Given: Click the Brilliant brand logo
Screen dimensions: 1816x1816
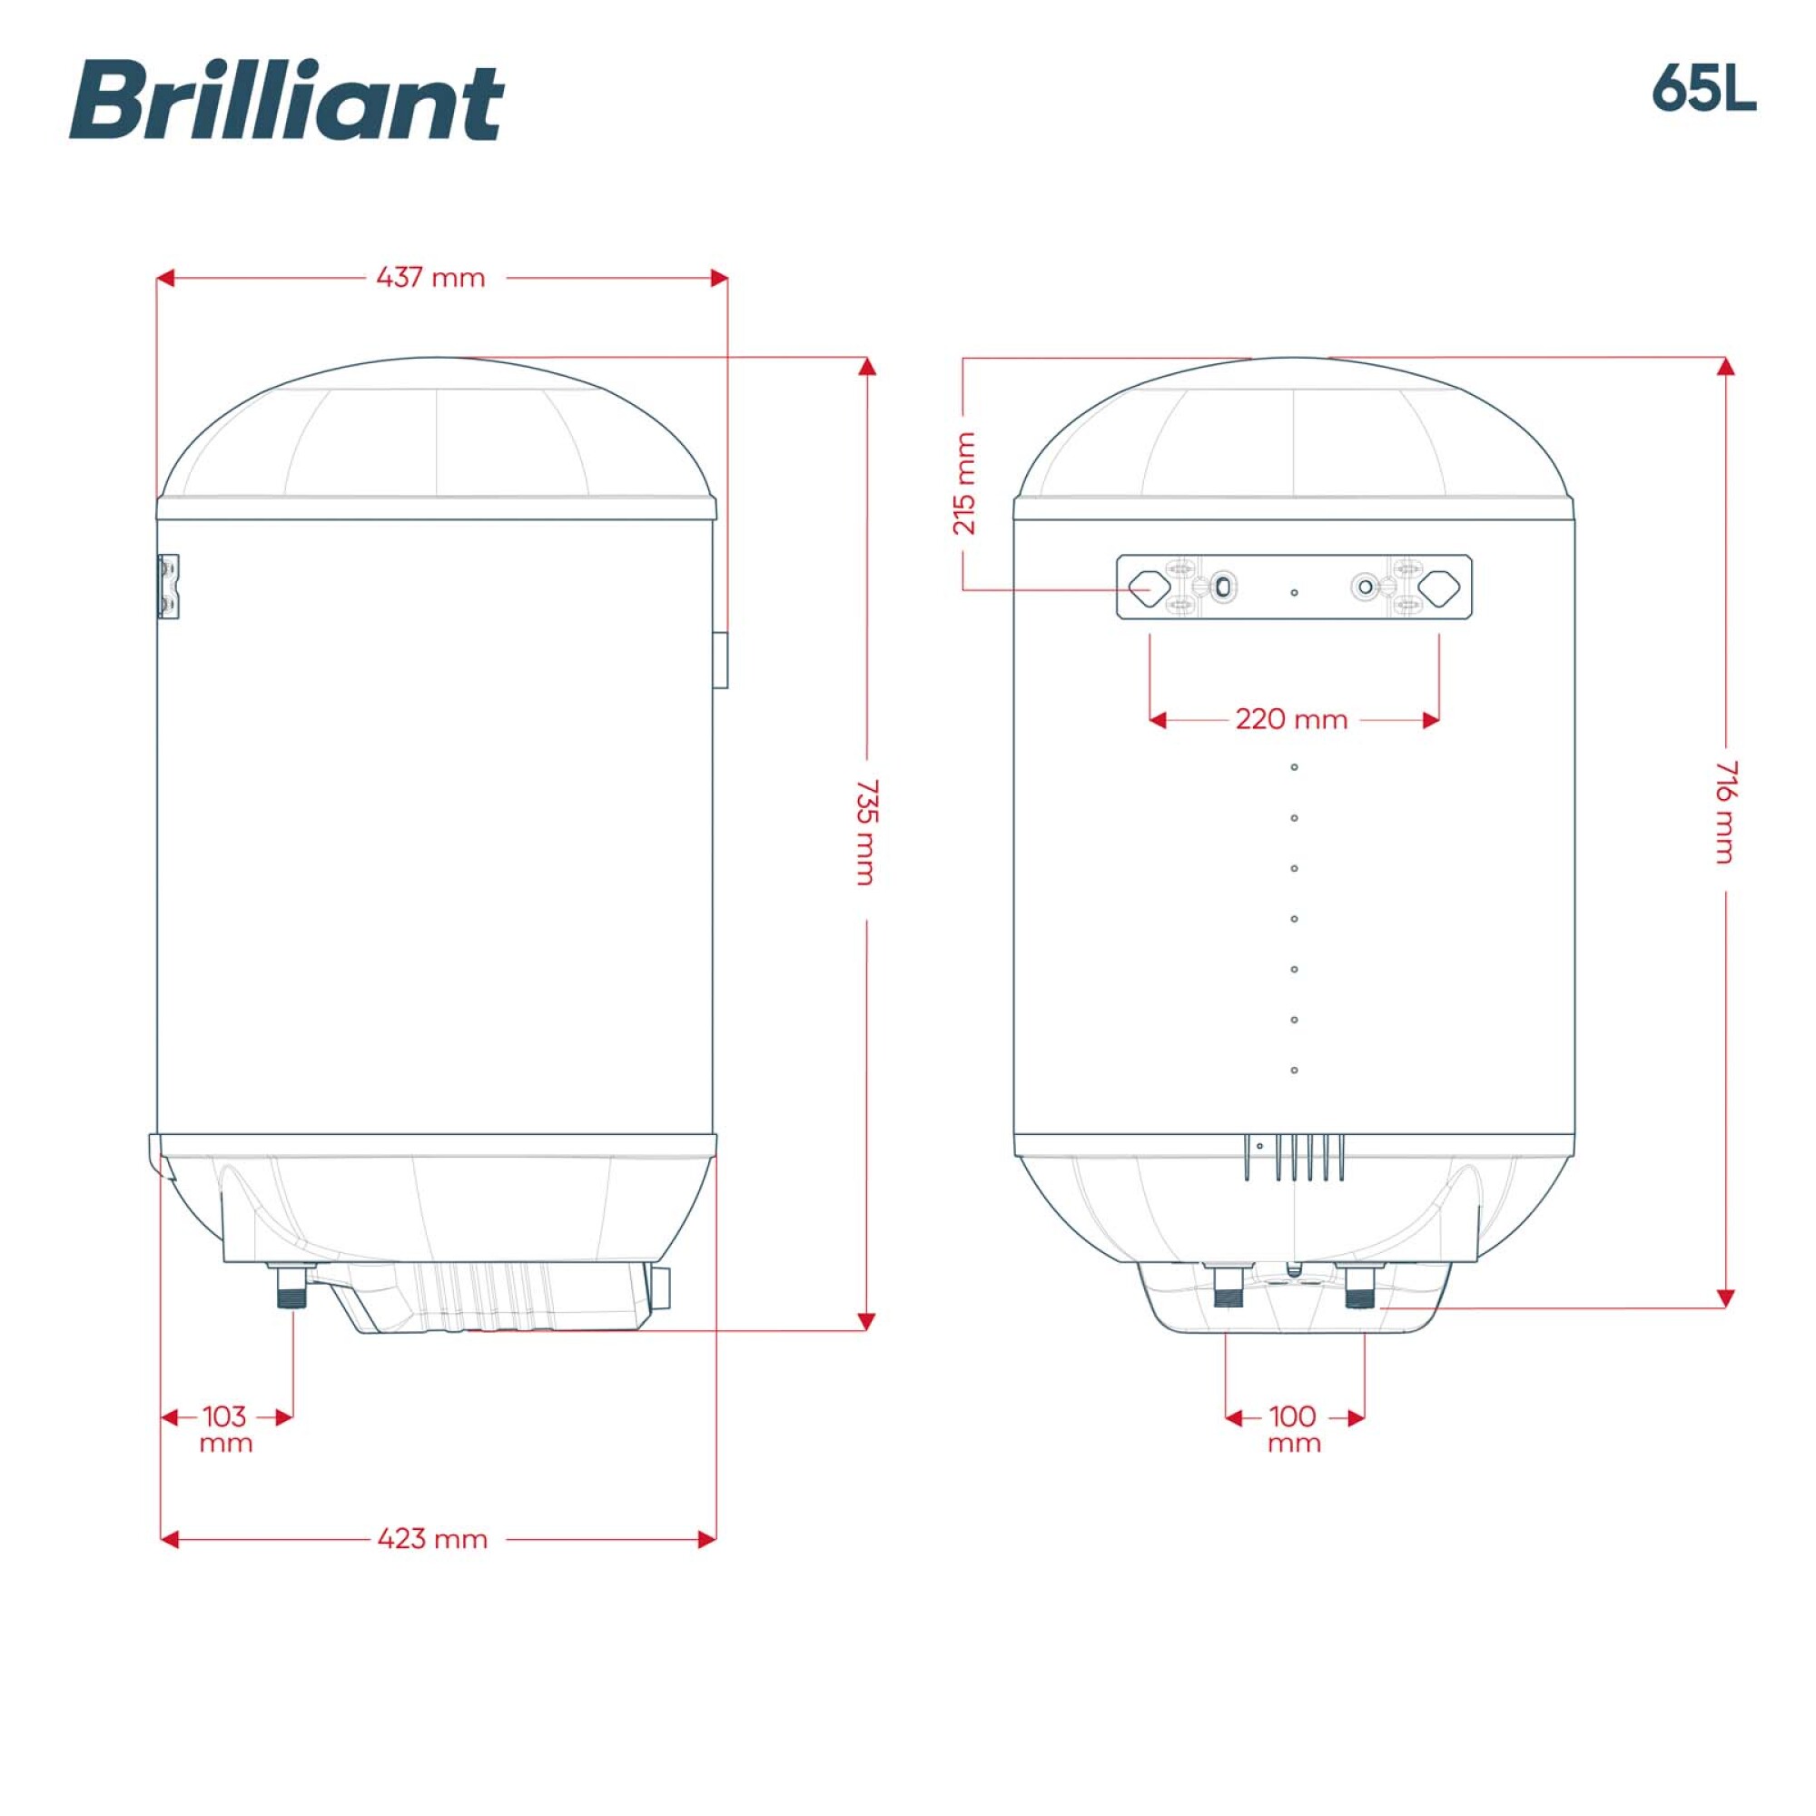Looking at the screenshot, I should [286, 101].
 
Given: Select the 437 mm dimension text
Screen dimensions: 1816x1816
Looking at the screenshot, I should [430, 278].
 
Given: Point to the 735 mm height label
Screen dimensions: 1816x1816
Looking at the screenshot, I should [866, 831].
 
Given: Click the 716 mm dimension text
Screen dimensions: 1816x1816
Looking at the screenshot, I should [1726, 811].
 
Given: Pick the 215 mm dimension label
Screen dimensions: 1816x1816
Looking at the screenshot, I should [964, 483].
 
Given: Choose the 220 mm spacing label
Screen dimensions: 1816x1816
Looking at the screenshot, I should [1291, 720].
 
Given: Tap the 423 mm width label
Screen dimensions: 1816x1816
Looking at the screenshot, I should [432, 1539].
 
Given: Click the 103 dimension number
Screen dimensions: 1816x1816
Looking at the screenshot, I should [224, 1416].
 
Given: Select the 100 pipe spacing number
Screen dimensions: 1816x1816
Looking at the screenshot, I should [1292, 1416].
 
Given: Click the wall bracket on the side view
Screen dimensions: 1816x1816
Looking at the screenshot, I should [168, 587].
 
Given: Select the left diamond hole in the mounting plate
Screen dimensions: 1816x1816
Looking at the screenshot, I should [1149, 587].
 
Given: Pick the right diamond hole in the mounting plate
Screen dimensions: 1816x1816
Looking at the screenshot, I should [1438, 587].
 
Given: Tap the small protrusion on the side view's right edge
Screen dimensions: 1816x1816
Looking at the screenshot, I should [720, 660].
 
